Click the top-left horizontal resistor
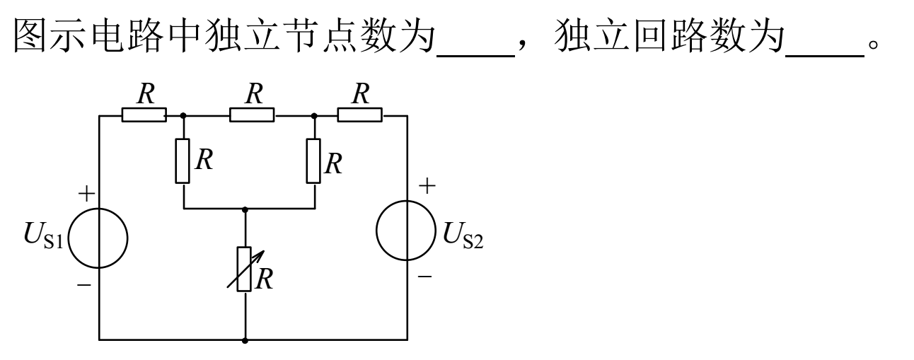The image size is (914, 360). pos(144,115)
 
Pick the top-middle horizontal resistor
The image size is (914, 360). pos(252,115)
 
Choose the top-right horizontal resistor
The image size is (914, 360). pos(359,115)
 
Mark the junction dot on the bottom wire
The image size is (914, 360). pos(245,341)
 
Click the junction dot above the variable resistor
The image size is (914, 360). pos(245,209)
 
